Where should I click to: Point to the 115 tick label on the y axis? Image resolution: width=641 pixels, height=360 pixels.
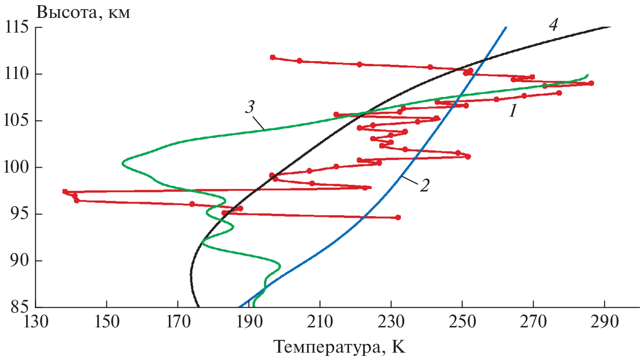(17, 27)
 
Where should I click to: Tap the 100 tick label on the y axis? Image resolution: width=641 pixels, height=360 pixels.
(17, 167)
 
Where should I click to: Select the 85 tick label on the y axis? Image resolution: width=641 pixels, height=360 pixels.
(20, 307)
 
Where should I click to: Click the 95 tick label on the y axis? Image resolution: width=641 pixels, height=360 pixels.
(20, 214)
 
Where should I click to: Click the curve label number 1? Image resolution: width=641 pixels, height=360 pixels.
(513, 111)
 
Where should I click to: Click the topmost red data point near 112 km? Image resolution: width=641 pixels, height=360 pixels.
(273, 57)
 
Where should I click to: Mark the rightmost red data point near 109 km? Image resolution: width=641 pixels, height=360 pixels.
(591, 83)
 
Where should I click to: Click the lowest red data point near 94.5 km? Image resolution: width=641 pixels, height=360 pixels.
(398, 217)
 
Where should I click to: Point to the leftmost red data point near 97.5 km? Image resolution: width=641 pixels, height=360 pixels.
(65, 191)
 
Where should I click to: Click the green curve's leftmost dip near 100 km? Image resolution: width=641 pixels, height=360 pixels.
(123, 163)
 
